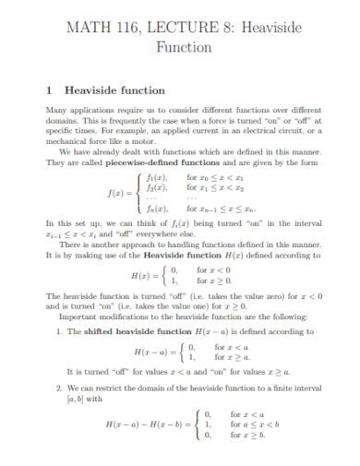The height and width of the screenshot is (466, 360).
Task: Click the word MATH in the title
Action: click(x=90, y=28)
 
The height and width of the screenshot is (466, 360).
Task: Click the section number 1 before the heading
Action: click(x=49, y=90)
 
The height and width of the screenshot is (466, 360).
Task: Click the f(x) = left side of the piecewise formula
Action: click(x=120, y=194)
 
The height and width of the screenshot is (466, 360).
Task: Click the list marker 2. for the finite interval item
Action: click(x=58, y=388)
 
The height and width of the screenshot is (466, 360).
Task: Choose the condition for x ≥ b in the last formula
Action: click(x=248, y=433)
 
